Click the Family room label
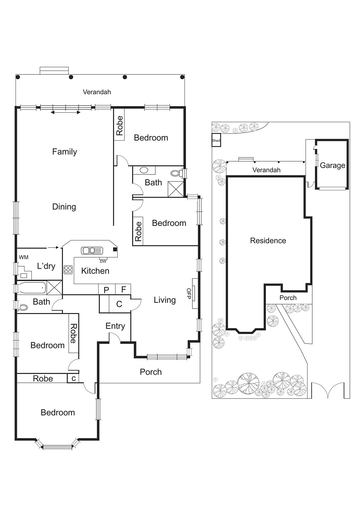65,152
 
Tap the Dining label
64,207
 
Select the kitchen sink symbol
92,250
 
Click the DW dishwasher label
103,261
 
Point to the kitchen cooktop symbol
68,270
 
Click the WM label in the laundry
24,257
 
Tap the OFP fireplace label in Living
189,294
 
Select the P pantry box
107,289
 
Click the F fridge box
124,289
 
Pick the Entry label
115,326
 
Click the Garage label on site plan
332,165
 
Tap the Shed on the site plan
216,140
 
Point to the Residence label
268,241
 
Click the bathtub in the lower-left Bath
32,288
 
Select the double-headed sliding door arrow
66,112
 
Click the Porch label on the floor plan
151,372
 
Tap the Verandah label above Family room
97,92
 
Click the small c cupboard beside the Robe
73,378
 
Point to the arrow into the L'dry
53,247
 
